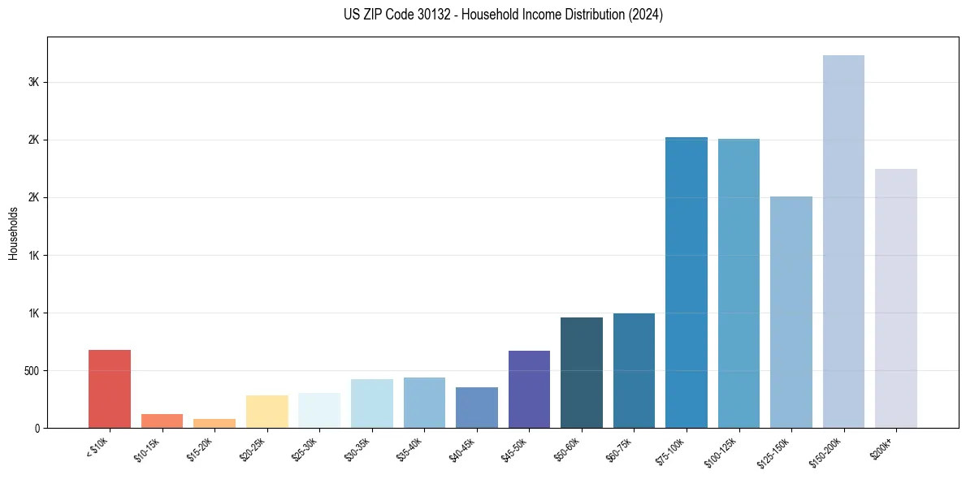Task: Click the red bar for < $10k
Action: (110, 389)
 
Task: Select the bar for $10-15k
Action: (162, 421)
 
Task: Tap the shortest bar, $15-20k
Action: (214, 424)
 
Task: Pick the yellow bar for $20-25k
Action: (266, 412)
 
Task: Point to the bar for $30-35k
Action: (372, 403)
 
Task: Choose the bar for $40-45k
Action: (477, 408)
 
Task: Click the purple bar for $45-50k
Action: (529, 390)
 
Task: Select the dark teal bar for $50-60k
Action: (582, 373)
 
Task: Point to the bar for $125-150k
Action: (791, 313)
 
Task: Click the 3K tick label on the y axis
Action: (33, 83)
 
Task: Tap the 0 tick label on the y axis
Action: (37, 429)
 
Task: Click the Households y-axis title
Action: (13, 233)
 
